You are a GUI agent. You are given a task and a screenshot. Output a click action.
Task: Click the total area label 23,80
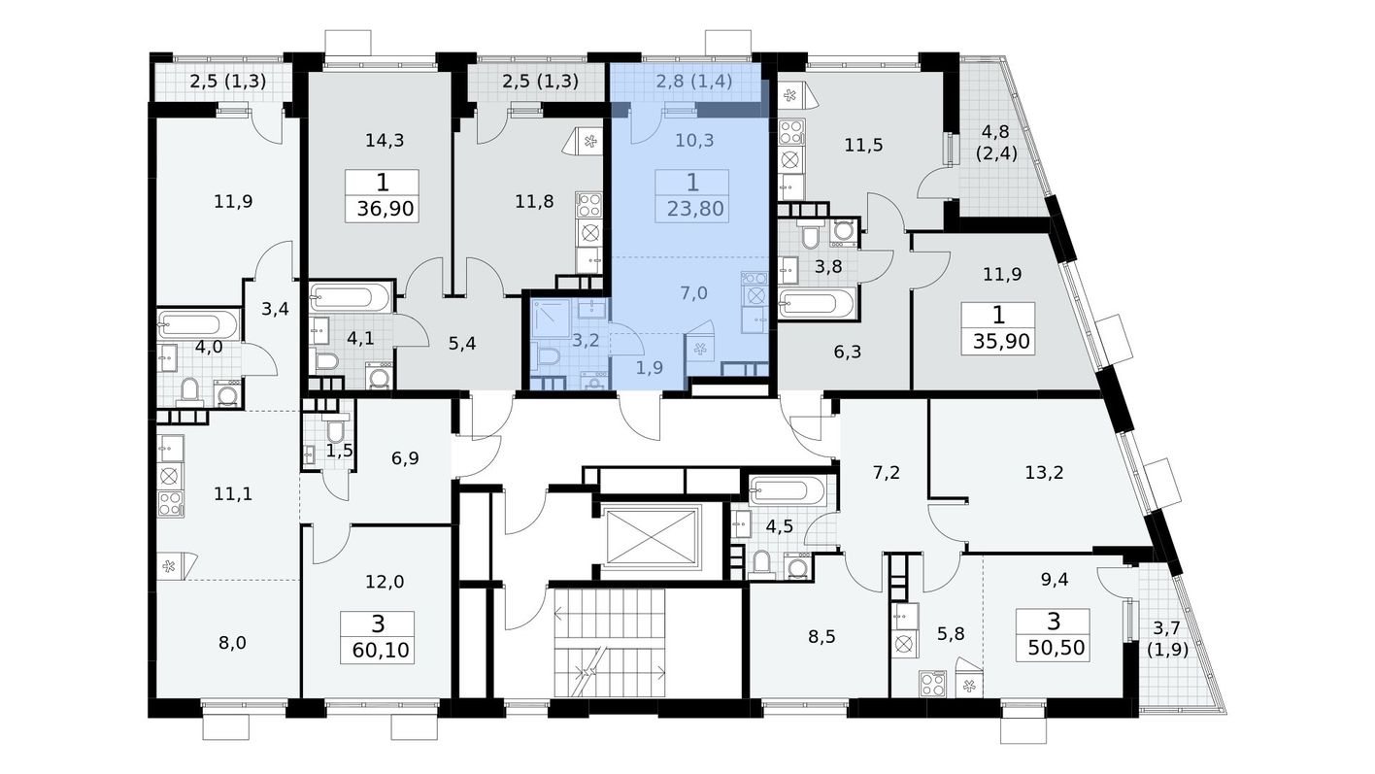[x=695, y=210]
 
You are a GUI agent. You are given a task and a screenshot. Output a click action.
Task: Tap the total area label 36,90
[x=386, y=209]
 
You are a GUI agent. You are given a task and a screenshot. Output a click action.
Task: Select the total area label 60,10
[x=381, y=650]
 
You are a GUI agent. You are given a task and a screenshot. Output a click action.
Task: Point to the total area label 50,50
[x=1056, y=648]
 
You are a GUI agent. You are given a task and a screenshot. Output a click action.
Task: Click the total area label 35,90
[x=1001, y=341]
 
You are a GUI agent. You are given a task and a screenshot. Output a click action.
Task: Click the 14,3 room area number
[x=385, y=141]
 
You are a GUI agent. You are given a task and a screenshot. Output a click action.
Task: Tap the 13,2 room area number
[x=1044, y=473]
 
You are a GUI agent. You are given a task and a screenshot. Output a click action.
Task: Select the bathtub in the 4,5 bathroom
[x=788, y=491]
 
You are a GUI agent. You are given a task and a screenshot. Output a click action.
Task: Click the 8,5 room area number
[x=822, y=637]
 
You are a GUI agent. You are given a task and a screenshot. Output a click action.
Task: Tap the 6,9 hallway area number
[x=405, y=458]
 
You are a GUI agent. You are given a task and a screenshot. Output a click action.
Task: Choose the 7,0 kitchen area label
[x=693, y=293]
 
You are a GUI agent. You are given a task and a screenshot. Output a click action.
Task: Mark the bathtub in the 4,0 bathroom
[x=198, y=325]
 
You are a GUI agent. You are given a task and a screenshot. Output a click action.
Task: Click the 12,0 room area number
[x=385, y=582]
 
